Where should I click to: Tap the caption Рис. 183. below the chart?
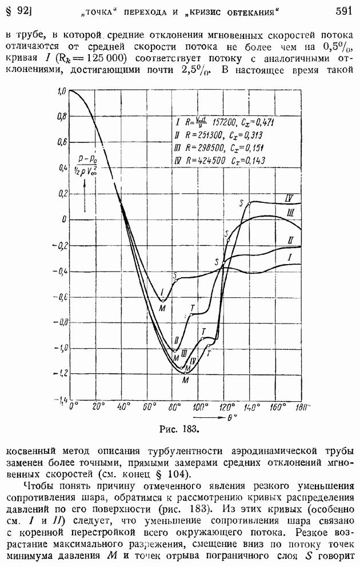point(178,427)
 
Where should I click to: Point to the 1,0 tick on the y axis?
point(61,91)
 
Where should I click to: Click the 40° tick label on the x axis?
point(122,406)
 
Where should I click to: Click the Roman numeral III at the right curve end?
point(290,213)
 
